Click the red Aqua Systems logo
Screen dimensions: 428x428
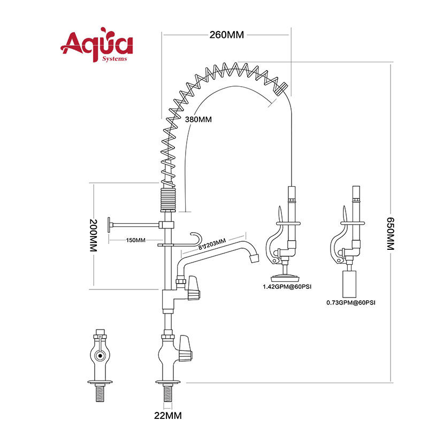click(x=97, y=45)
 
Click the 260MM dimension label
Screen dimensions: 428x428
click(x=226, y=35)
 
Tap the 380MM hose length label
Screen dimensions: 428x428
click(x=198, y=119)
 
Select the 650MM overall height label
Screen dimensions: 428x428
click(x=391, y=234)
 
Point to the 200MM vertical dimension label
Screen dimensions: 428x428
click(x=93, y=235)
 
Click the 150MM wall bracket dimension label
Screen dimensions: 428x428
click(x=135, y=240)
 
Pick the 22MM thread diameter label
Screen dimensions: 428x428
click(x=168, y=416)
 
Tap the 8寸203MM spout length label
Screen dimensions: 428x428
click(x=212, y=244)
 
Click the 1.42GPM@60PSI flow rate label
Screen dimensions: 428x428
click(x=287, y=287)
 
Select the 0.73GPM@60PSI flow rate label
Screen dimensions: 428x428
click(x=351, y=302)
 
